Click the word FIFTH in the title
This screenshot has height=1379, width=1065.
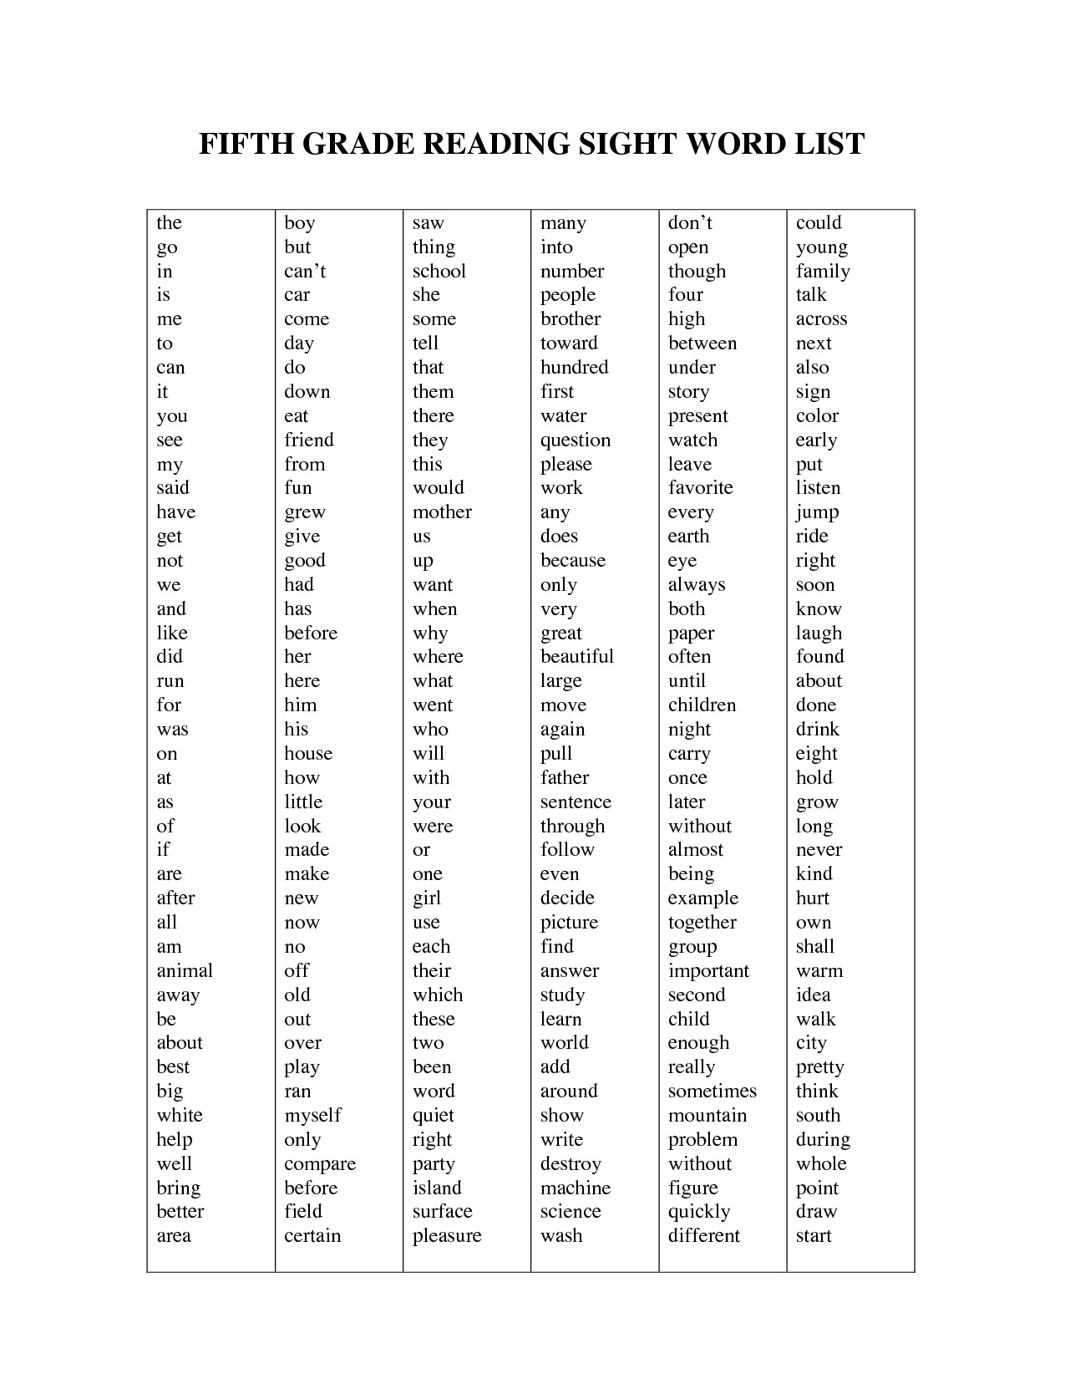click(245, 144)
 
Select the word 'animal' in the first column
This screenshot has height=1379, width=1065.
click(185, 971)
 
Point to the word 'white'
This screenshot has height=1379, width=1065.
click(180, 1116)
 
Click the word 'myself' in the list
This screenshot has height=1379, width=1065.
click(312, 1116)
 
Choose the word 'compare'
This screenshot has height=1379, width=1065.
click(320, 1164)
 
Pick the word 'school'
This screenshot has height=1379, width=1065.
click(439, 272)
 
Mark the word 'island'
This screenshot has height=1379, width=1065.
click(437, 1188)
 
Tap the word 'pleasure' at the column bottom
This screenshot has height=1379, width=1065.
click(447, 1236)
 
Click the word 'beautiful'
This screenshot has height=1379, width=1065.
click(577, 657)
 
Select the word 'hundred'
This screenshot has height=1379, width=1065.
click(575, 368)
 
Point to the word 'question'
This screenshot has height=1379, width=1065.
click(576, 440)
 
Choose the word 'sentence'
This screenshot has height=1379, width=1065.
click(576, 802)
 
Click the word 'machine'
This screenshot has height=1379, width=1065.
click(576, 1188)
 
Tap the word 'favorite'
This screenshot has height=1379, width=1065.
click(701, 488)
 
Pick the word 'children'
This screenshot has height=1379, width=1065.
click(702, 705)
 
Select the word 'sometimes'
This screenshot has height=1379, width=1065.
click(713, 1091)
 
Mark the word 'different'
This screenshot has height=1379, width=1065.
click(704, 1236)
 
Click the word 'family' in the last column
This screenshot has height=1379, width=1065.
click(823, 272)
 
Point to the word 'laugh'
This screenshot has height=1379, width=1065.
click(819, 634)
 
